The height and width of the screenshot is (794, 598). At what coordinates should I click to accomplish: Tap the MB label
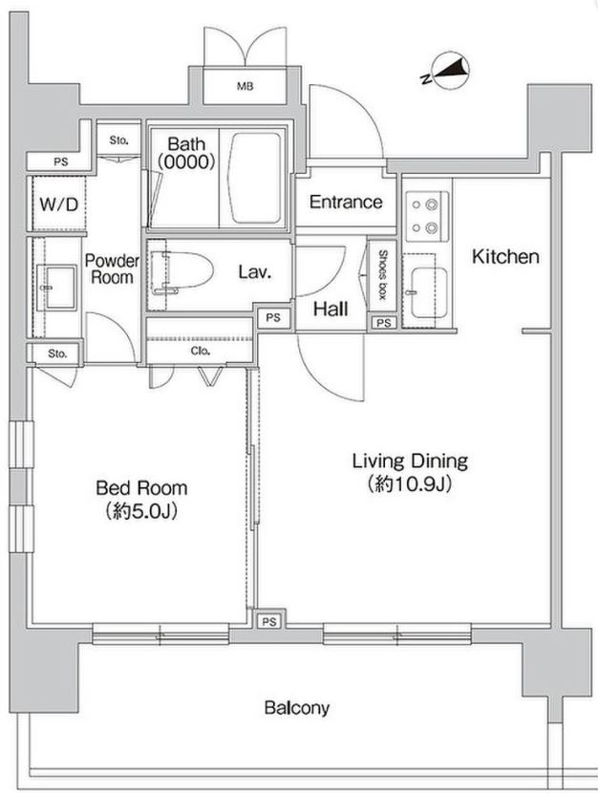click(246, 87)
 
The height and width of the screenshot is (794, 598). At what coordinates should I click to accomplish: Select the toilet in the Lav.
click(182, 271)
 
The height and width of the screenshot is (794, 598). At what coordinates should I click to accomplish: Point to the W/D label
click(58, 204)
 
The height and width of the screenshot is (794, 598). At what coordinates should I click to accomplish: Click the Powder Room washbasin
click(60, 287)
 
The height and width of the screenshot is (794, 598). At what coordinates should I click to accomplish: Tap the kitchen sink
click(428, 292)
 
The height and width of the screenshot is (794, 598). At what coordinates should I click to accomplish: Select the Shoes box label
click(382, 275)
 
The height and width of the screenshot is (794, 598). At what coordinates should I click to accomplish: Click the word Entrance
click(346, 202)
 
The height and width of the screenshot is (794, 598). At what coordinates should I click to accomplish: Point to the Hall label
click(331, 309)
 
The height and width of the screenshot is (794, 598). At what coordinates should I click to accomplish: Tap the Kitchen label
click(505, 257)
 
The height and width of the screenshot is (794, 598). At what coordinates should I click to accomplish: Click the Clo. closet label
click(200, 351)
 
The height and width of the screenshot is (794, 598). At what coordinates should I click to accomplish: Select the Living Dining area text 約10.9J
click(410, 484)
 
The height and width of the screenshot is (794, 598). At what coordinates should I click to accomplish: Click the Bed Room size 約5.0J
click(141, 512)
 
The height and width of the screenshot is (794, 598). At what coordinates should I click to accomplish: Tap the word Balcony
click(297, 708)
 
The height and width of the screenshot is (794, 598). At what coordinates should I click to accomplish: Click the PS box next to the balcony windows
click(269, 621)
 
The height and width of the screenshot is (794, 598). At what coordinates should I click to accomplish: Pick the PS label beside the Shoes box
click(384, 323)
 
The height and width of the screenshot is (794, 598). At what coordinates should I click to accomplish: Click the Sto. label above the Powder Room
click(119, 140)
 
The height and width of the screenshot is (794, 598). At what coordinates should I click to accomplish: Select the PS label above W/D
click(61, 162)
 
